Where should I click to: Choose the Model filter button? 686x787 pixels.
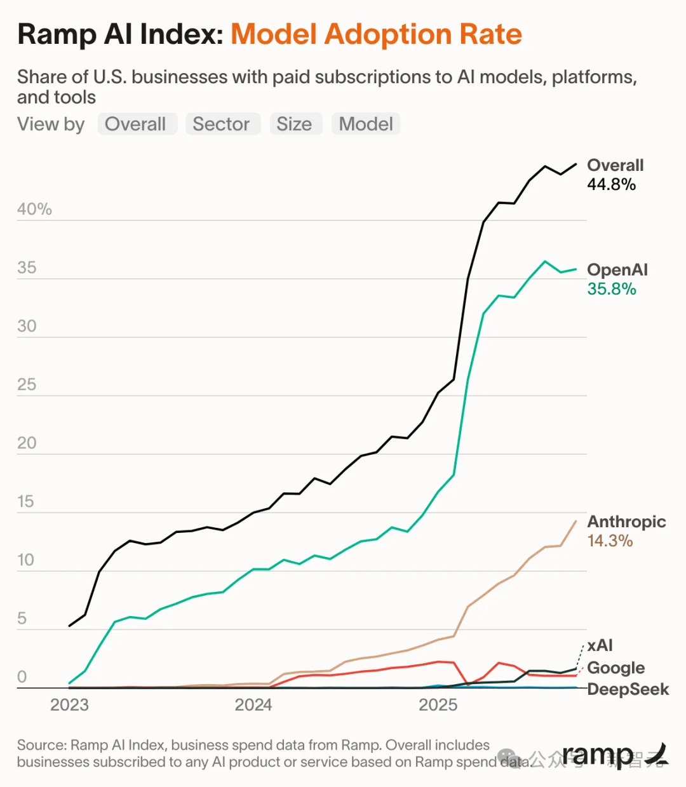pos(366,124)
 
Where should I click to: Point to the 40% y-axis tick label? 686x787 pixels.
pos(34,209)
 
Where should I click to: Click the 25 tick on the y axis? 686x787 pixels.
pos(27,384)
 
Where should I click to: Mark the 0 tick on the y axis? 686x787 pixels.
pos(22,676)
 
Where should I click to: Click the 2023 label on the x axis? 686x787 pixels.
pos(69,705)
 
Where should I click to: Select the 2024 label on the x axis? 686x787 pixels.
pos(253,705)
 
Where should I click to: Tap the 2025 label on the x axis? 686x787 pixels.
pos(438,705)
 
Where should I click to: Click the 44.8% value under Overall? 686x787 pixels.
pos(611,185)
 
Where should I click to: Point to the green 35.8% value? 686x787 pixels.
pos(611,289)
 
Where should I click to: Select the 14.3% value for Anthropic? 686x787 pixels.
pos(610,541)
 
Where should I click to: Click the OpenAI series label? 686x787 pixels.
pos(617,269)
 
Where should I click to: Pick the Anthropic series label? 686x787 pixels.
pos(626,521)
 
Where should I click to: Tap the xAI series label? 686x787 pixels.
pos(600,645)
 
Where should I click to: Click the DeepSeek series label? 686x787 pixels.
pos(628,689)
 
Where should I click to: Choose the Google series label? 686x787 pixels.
pos(615,668)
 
